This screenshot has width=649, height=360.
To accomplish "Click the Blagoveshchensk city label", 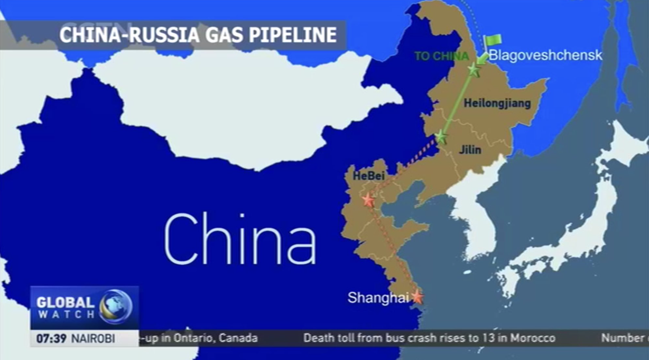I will coord(545,55).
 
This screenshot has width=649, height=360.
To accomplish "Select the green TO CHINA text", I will coord(441,56).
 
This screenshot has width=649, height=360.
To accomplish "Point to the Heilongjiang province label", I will coord(497,103).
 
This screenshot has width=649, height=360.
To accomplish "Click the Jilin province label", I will coord(470,150).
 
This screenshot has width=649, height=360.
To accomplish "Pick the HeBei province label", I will coord(368,176).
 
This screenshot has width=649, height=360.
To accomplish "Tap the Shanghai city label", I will coord(378,298).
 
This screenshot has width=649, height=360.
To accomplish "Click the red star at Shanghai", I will coord(417,297).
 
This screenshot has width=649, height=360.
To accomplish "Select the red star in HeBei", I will coord(368,200).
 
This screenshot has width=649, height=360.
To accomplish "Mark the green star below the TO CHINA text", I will coord(473,70).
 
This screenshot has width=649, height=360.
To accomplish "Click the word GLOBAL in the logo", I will coord(65,302).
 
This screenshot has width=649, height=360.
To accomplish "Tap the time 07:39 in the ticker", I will coord(51,339).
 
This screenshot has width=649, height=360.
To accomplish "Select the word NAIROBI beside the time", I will coord(93,339).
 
